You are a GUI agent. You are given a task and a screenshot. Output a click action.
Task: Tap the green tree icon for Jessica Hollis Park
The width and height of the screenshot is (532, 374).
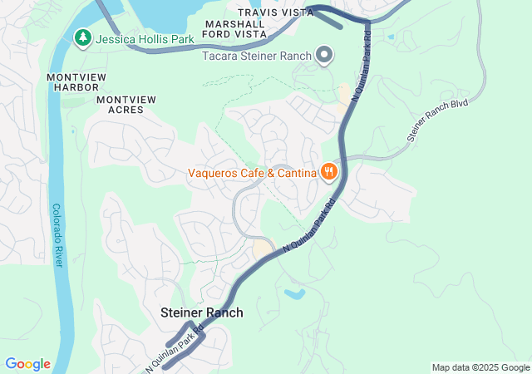83,37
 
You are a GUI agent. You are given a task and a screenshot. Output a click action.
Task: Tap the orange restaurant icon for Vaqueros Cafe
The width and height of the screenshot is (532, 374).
329,172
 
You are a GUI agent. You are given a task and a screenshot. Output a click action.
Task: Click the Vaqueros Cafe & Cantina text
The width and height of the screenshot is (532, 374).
253,173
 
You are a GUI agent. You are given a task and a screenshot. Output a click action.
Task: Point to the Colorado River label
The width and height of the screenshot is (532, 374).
57,235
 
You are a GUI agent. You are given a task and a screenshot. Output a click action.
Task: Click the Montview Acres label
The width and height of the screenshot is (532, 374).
126,104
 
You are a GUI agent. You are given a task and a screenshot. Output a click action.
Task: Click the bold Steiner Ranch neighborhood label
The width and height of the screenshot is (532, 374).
202,312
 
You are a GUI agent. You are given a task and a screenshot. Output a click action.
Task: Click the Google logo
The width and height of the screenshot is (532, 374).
27,364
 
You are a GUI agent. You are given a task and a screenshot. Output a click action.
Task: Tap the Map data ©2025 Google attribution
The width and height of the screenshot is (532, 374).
480,367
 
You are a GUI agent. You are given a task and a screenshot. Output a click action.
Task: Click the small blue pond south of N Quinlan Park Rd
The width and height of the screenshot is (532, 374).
293,293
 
